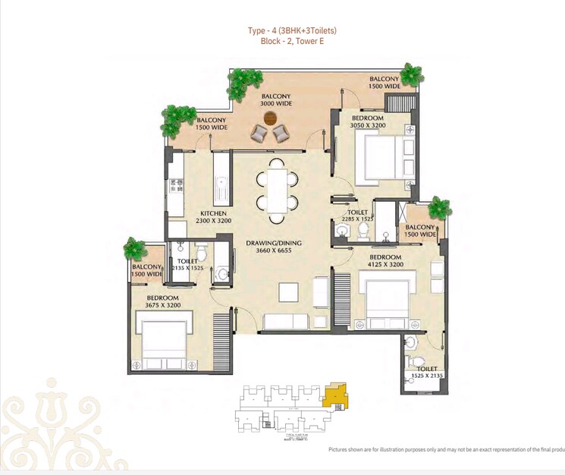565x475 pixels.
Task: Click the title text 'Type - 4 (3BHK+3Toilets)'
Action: (x=292, y=30)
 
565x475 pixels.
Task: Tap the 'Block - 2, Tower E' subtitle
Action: (x=292, y=42)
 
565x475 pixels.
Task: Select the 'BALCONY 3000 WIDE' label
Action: (x=276, y=99)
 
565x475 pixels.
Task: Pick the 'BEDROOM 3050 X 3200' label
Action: (x=367, y=122)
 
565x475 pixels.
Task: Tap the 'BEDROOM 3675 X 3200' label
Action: (x=162, y=301)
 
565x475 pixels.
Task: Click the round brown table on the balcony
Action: (x=272, y=118)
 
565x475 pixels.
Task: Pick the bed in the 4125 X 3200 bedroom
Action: (x=388, y=300)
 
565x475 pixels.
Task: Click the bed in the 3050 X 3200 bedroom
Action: (x=376, y=156)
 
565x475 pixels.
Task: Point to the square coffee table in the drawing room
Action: (x=288, y=293)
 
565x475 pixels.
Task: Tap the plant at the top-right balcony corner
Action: (x=410, y=74)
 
